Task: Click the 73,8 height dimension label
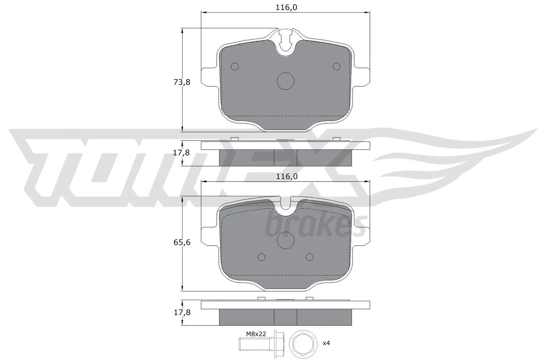pos(182,82)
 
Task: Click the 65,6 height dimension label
pos(182,243)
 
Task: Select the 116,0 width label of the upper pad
pos(287,7)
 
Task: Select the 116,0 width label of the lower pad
pos(287,176)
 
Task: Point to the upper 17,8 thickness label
pos(181,153)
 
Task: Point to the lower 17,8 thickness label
pos(181,312)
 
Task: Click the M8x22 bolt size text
pos(256,334)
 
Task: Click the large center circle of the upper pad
pos(285,81)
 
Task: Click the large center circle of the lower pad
pos(285,241)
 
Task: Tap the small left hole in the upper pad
pos(235,67)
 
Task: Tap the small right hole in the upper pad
pos(337,67)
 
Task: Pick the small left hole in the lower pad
pos(261,257)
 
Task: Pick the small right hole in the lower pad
pos(310,257)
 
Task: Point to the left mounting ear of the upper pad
pos(209,77)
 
